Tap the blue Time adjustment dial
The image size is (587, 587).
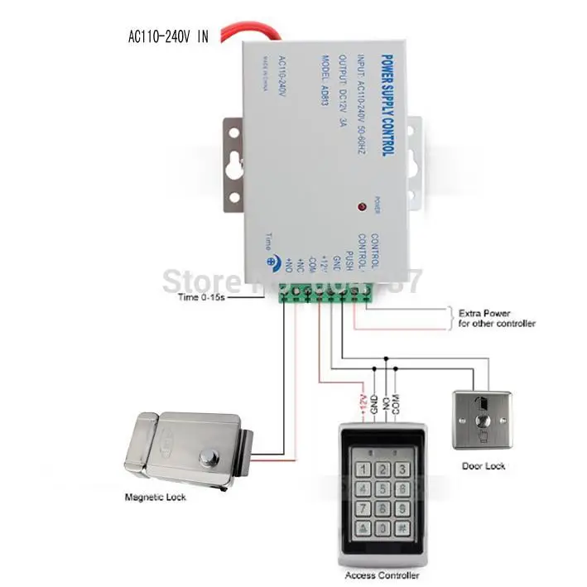point(271,259)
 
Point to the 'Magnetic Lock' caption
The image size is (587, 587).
point(156,497)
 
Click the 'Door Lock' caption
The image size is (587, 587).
point(484,466)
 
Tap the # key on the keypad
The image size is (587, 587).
point(401,527)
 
